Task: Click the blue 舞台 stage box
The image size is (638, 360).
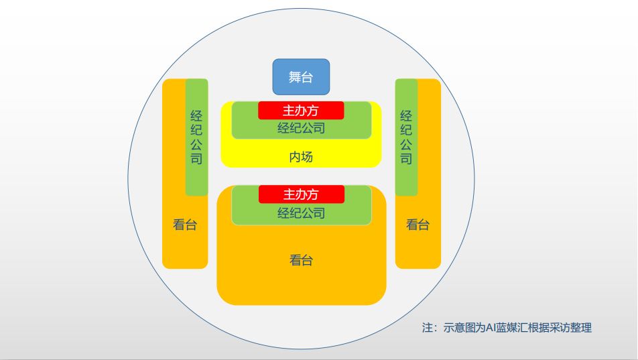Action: tap(301, 77)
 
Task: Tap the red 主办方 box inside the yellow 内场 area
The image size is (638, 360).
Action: tap(301, 111)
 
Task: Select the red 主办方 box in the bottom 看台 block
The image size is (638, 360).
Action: tap(301, 194)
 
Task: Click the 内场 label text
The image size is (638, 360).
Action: tap(301, 158)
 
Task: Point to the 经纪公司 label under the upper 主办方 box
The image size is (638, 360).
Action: tap(301, 128)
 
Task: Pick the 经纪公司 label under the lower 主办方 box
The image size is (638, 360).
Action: tap(301, 213)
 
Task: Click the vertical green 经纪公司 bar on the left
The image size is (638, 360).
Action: tap(196, 137)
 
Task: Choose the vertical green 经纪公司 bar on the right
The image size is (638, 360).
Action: tap(406, 137)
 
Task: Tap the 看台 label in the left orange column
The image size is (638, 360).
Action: tap(185, 225)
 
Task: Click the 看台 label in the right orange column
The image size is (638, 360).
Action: tap(418, 225)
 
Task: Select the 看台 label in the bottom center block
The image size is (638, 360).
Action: tap(301, 260)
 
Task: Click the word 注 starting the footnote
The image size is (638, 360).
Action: tap(428, 328)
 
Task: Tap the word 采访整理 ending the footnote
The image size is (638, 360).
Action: tap(570, 328)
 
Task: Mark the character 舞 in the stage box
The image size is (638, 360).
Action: tap(295, 77)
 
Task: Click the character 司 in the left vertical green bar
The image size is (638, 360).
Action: tap(196, 159)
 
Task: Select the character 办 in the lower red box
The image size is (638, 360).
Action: tap(301, 194)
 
